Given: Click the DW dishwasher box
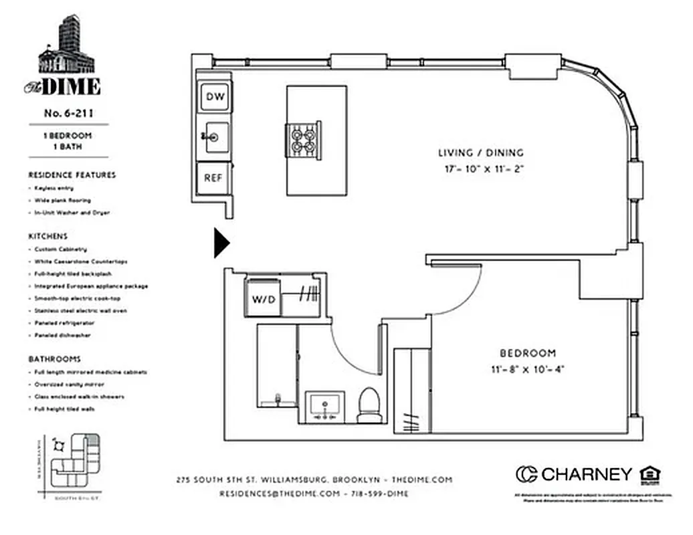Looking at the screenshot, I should pyautogui.click(x=215, y=98).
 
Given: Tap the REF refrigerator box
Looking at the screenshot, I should pyautogui.click(x=213, y=178).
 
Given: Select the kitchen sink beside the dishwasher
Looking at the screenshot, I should pyautogui.click(x=215, y=137).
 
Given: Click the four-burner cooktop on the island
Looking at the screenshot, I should pyautogui.click(x=303, y=140).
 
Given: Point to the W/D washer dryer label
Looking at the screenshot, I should pyautogui.click(x=263, y=299).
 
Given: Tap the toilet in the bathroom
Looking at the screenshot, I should pyautogui.click(x=369, y=406).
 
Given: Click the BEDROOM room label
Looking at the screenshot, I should pyautogui.click(x=528, y=353).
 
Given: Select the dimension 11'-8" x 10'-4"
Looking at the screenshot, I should pyautogui.click(x=528, y=368).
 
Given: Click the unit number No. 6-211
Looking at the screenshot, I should pyautogui.click(x=68, y=113).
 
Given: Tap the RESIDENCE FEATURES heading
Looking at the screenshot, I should pyautogui.click(x=72, y=175).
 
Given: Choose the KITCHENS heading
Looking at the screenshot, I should pyautogui.click(x=47, y=236).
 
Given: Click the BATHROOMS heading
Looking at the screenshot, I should pyautogui.click(x=54, y=359).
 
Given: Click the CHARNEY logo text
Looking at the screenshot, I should pyautogui.click(x=585, y=474).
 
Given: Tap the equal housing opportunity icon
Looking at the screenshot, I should pyautogui.click(x=650, y=474).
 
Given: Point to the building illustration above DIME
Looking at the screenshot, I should pyautogui.click(x=67, y=47).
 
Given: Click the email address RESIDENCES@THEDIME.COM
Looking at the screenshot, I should pyautogui.click(x=280, y=494).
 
